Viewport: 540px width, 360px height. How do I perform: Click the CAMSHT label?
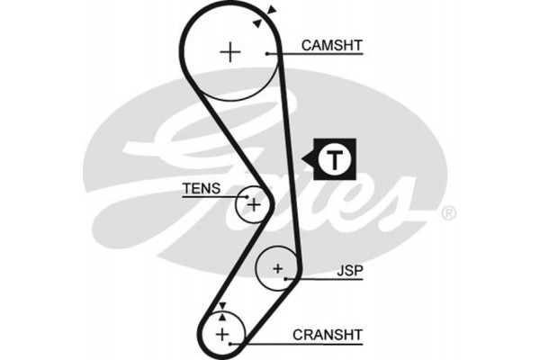(331, 43)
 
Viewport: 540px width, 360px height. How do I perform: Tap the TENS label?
(201, 189)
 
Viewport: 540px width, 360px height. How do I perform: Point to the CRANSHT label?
(327, 334)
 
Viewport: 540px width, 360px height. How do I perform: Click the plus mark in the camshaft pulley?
(232, 52)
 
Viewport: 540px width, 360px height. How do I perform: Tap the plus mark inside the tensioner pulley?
(254, 204)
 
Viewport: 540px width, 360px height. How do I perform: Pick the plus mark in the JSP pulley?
(278, 268)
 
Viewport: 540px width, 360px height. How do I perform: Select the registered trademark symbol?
(449, 213)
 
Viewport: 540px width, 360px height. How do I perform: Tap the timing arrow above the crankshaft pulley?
(222, 307)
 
